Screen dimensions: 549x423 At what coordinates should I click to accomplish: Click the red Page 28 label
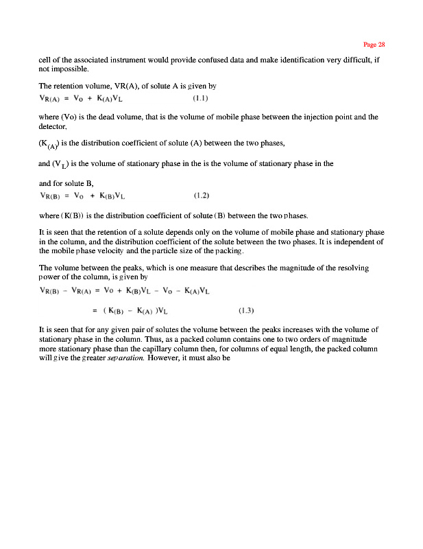374,45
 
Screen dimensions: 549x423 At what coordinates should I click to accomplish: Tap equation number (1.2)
201,196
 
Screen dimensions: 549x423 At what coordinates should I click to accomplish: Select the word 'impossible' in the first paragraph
69,69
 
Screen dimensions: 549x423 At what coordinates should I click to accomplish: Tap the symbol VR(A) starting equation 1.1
53,98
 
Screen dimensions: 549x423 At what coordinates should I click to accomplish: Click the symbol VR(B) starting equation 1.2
53,196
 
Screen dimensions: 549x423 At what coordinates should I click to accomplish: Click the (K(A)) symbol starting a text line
49,144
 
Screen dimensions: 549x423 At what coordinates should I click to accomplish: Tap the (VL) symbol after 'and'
63,165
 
